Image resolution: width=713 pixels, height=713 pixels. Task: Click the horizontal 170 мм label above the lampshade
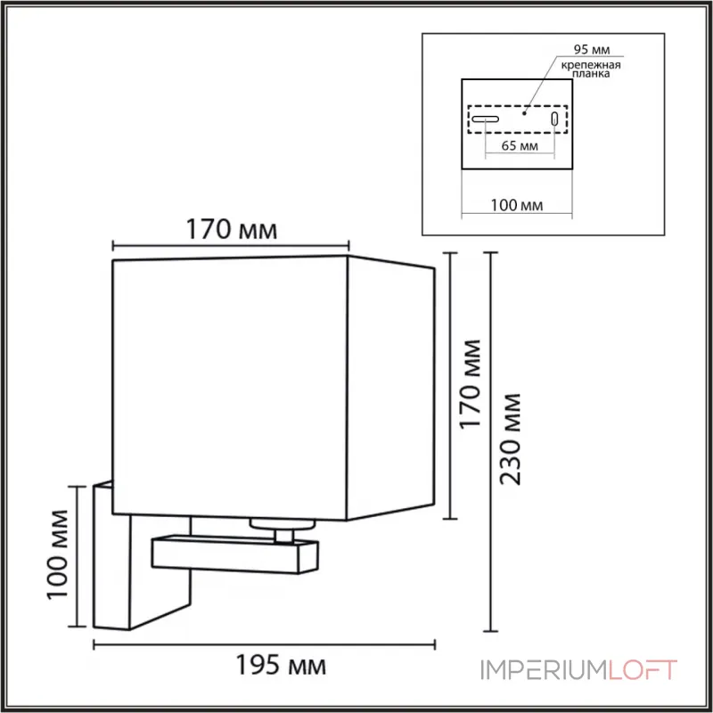tap(231, 230)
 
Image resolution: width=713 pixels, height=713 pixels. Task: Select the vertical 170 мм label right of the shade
tap(471, 383)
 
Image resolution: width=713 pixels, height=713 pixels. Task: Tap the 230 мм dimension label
tap(512, 436)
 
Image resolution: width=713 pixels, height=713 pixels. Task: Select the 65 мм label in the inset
tap(520, 145)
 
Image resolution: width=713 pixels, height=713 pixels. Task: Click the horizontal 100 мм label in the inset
tap(518, 206)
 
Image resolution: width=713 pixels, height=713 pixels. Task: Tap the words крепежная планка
tap(590, 71)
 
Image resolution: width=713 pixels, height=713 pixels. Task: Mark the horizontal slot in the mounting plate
tap(486, 119)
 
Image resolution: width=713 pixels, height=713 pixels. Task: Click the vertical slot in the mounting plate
tap(555, 119)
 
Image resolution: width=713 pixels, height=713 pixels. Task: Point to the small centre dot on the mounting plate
tap(525, 113)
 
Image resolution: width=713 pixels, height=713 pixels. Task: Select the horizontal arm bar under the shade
tap(234, 554)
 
